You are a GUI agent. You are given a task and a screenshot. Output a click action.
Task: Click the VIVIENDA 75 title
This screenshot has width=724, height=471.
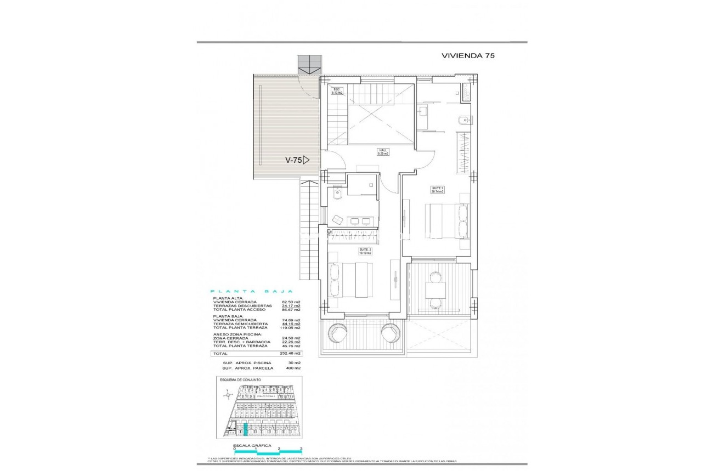pos(468,56)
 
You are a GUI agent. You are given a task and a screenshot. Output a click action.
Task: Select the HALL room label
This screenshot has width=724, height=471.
pos(382,152)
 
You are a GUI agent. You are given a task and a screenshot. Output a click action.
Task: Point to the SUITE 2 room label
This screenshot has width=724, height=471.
pos(365,252)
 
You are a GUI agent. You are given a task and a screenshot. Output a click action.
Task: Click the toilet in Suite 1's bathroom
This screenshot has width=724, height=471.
pos(462,120)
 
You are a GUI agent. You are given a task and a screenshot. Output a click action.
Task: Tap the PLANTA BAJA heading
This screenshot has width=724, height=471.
pos(252,292)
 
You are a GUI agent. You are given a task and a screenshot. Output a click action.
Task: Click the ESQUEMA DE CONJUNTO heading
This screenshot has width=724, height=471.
pos(240,379)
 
